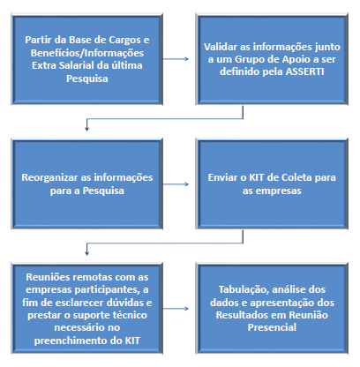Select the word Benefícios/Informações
pyautogui.click(x=87, y=53)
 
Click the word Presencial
pyautogui.click(x=272, y=327)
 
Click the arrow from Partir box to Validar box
pyautogui.click(x=176, y=59)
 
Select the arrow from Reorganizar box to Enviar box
pyautogui.click(x=176, y=184)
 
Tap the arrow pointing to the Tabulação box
pyautogui.click(x=176, y=309)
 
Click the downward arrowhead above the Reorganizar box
pyautogui.click(x=86, y=129)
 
